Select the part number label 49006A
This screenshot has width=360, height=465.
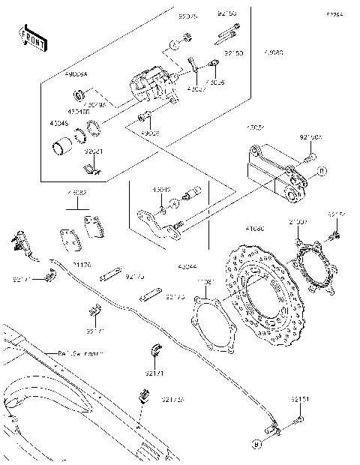pyautogui.click(x=76, y=74)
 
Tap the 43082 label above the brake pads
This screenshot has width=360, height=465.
pyautogui.click(x=76, y=193)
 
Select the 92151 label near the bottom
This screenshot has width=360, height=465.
pyautogui.click(x=299, y=400)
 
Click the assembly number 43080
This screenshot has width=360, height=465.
pyautogui.click(x=273, y=54)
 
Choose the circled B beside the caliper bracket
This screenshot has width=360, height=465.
pyautogui.click(x=322, y=172)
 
